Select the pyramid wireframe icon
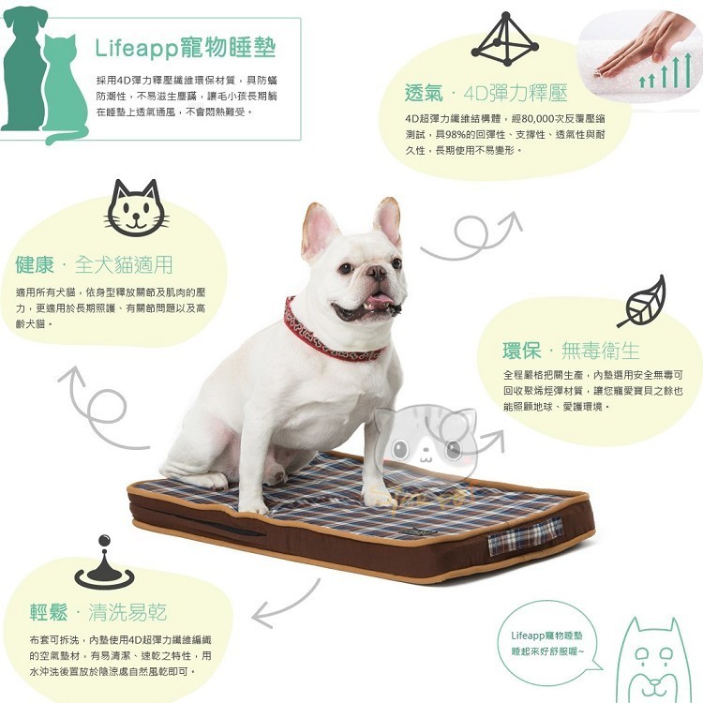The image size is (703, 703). point(505,41)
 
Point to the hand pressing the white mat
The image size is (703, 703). point(647,42)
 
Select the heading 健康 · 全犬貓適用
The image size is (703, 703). point(94,264)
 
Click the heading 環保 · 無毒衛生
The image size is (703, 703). point(571,351)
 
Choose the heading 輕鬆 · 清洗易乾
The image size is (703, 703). point(97,613)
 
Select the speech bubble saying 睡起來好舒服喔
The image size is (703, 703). point(548,643)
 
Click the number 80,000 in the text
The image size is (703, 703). point(531,120)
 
